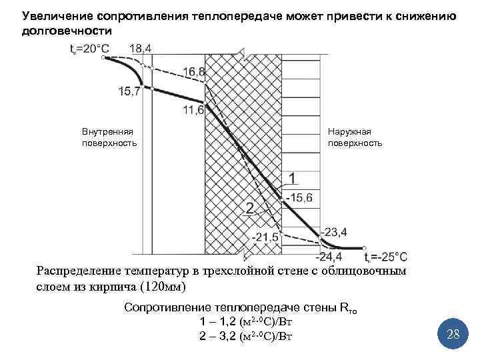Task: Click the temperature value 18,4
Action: (x=140, y=48)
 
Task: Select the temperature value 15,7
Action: (x=131, y=91)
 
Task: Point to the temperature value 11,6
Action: (x=193, y=110)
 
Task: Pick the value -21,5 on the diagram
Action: (x=264, y=237)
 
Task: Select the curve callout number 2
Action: (x=249, y=207)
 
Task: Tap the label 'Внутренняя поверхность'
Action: (x=109, y=137)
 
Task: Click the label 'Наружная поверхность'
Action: (x=355, y=137)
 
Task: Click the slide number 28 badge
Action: (x=453, y=333)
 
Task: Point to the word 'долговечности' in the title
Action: (x=67, y=31)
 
